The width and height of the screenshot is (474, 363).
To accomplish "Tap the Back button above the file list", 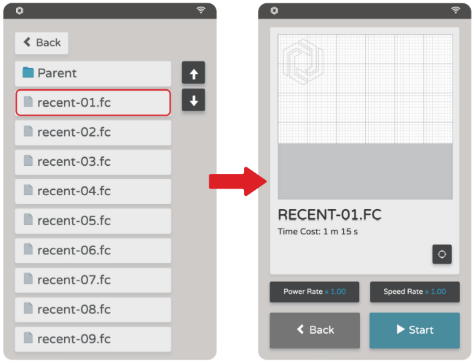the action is pos(41,43).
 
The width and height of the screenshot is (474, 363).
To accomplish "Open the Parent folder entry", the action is pos(93,73).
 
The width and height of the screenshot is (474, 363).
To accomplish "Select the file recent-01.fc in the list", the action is pos(93,103).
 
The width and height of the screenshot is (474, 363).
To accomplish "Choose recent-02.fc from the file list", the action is pos(93,133).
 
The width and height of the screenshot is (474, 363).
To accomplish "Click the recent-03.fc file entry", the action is pos(93,162).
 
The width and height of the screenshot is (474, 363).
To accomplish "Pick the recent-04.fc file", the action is pos(93,191).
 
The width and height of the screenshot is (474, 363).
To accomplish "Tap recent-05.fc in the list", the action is pos(93,220).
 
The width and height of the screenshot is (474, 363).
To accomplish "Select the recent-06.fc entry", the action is pos(93,250).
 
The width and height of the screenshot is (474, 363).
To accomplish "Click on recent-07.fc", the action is pos(93,280).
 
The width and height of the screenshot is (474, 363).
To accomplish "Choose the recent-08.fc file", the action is pos(93,310).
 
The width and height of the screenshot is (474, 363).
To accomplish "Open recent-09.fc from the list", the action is pos(93,339).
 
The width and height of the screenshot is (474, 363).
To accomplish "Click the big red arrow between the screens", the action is pos(238,181).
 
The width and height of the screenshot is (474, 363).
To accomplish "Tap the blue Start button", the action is pos(415,330).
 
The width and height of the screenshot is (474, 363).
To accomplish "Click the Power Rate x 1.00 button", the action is pos(315,292).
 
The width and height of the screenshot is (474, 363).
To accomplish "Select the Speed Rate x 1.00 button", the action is pos(415,292).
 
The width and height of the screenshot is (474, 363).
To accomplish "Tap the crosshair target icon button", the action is pos(442,254).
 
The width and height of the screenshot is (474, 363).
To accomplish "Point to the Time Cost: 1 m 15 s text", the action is pos(318,232).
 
